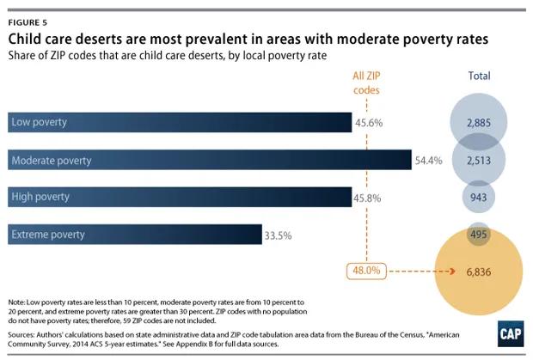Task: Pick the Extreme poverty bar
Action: (x=134, y=235)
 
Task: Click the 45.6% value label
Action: (x=369, y=123)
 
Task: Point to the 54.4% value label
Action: (x=429, y=161)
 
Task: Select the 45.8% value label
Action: (x=369, y=198)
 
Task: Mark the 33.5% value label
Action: (x=279, y=235)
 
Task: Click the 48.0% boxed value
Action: (x=365, y=271)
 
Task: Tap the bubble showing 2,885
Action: (x=478, y=124)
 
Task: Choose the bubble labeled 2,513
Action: (x=478, y=161)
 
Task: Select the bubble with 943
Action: (x=478, y=198)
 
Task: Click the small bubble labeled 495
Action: (x=478, y=235)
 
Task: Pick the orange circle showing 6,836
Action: (x=478, y=272)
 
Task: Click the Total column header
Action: (x=478, y=76)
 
